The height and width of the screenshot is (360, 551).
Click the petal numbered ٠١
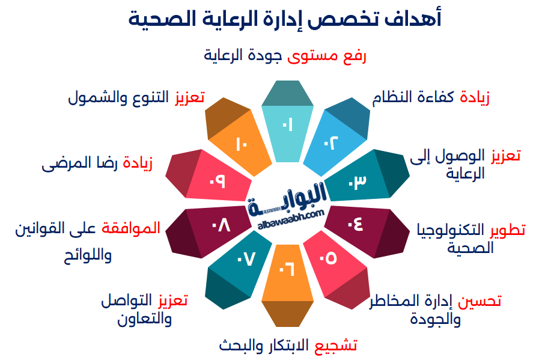coord(288,126)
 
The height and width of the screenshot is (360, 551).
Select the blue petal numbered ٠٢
coord(332,142)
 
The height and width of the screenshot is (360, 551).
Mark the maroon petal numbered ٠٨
coord(219,225)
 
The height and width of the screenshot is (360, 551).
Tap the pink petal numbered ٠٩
coord(218,180)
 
